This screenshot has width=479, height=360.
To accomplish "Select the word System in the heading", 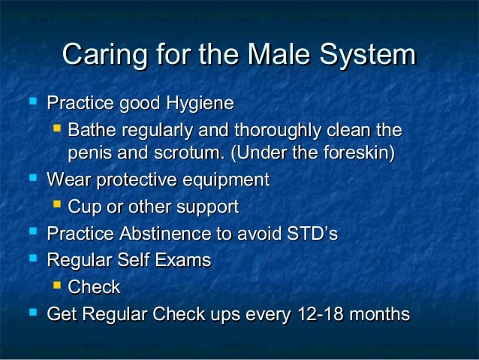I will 367,56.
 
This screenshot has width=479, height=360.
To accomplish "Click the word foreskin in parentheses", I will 355,154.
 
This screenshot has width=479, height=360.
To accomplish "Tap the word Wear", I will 68,181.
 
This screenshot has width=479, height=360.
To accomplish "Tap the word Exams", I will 185,261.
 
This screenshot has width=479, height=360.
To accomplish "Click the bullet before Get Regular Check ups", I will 32,313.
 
